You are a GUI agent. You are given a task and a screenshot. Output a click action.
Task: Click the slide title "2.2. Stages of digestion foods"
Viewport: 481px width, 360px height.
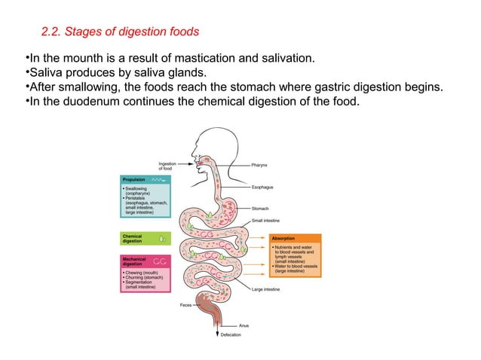[120, 32]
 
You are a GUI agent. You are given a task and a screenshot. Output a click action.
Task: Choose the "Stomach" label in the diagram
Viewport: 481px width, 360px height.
[261, 209]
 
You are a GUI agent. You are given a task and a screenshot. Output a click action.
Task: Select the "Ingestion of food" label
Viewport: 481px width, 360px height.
[168, 166]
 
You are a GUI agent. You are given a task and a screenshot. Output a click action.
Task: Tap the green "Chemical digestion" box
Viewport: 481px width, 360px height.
[143, 239]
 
